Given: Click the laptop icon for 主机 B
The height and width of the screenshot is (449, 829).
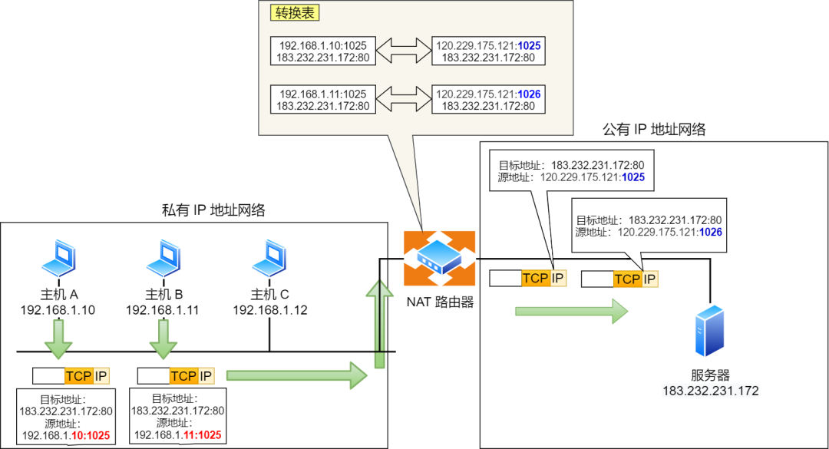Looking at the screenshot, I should point(163,259).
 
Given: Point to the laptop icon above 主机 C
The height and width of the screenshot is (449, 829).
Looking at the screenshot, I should point(269,259).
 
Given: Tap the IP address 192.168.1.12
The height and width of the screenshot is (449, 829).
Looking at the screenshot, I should point(270,310).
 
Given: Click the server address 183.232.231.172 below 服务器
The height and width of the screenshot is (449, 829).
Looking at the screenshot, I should point(711,391).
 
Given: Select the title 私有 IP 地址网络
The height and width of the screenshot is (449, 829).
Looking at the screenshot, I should point(213,210).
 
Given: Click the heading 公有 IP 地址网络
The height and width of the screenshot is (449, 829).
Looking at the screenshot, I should point(653,130).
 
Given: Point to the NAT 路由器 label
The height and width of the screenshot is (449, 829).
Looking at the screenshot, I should point(440,302).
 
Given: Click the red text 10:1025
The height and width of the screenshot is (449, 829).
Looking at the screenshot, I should point(89,435).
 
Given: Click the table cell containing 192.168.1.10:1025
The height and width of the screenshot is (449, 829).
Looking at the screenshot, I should point(323,51).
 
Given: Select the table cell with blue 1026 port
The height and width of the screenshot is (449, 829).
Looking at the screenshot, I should point(487,101).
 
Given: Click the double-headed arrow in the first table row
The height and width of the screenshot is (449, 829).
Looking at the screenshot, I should point(404,51).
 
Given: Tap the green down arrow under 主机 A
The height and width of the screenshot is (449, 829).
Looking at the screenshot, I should point(58,338).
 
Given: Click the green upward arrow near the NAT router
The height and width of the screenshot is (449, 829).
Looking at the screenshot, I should point(375,322).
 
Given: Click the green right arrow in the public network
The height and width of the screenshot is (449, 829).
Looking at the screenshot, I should point(572,311).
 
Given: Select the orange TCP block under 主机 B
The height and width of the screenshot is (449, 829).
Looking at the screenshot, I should point(183,375).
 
